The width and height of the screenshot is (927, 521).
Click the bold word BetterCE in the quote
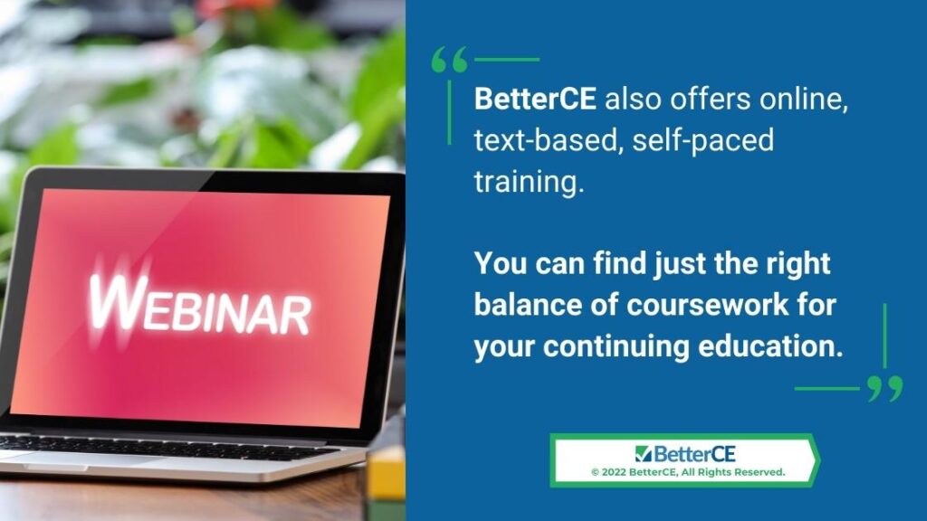point(535,99)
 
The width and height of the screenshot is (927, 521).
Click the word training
point(529,181)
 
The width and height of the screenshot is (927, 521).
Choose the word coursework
point(708,305)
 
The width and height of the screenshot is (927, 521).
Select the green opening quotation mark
point(449,60)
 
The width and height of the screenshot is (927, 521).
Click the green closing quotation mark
point(885,389)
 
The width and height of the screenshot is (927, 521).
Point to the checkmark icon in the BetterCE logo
point(644,454)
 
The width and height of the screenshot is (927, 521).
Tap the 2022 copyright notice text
point(688,472)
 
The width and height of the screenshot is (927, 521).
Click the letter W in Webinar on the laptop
point(119,301)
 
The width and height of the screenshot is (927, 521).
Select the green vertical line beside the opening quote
point(449,112)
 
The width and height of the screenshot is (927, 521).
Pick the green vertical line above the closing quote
point(884,336)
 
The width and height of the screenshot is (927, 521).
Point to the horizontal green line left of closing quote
point(827,389)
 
